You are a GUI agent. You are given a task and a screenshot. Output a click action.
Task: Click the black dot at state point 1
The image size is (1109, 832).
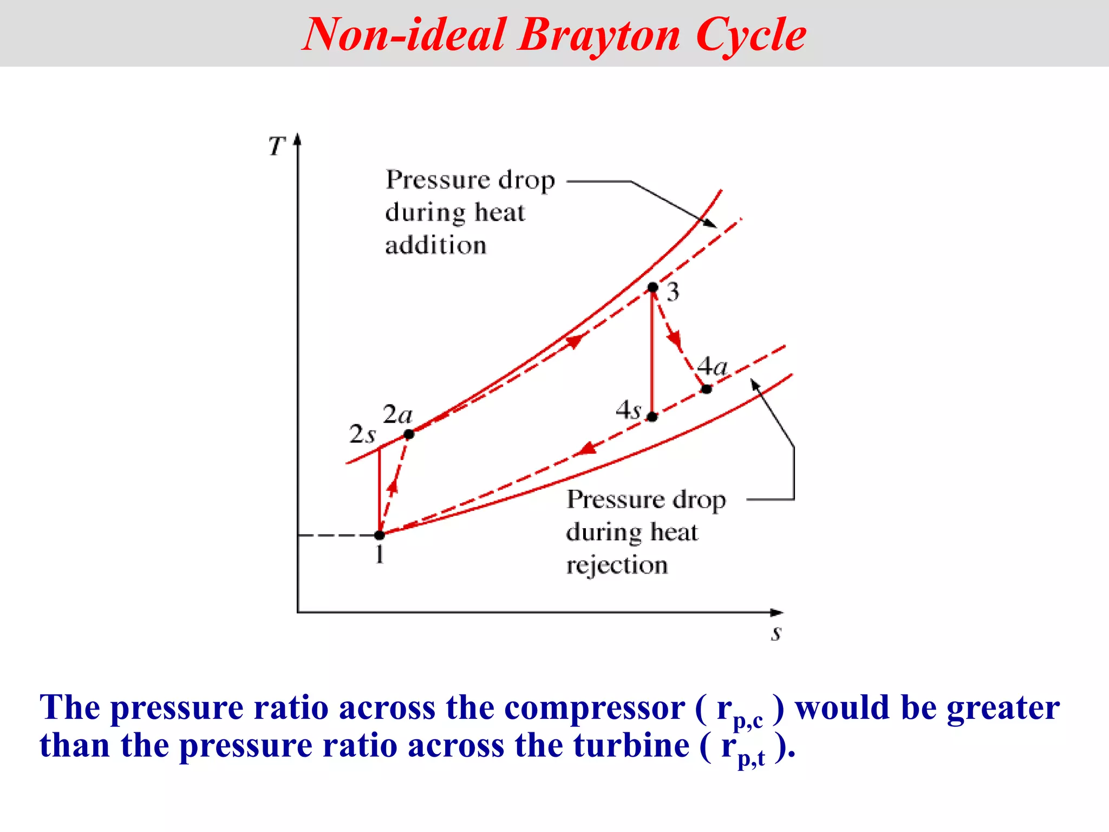pos(380,535)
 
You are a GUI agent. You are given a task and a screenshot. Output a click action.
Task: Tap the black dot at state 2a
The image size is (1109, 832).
pos(409,434)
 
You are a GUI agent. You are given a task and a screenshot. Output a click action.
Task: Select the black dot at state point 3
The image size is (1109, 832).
pos(653,287)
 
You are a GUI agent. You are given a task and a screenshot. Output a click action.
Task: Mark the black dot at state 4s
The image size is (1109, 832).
pos(653,417)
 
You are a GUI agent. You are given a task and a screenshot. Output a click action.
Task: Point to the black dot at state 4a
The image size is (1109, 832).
pos(706,389)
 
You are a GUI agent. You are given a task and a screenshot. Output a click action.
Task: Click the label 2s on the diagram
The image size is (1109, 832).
pos(362,434)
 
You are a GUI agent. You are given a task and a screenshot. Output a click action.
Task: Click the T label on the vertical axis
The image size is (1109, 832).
pos(277,146)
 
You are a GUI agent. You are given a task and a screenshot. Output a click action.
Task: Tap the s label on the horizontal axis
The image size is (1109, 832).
pos(777,633)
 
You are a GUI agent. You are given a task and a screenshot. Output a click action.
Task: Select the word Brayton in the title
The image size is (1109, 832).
pos(598,35)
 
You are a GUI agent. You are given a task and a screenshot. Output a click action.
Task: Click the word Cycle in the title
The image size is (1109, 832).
pos(751,35)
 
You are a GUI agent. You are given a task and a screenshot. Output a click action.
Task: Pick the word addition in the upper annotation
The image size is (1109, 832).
pos(435,246)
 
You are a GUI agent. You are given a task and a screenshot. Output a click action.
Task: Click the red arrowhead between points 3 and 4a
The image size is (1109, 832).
pos(674,339)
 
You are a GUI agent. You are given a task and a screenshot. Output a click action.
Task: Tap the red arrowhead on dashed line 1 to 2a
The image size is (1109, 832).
pos(393,486)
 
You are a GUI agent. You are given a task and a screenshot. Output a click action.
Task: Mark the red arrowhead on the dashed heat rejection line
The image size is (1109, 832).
pos(586,449)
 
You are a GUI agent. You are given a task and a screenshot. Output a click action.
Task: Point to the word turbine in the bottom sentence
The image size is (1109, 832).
pos(631,746)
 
